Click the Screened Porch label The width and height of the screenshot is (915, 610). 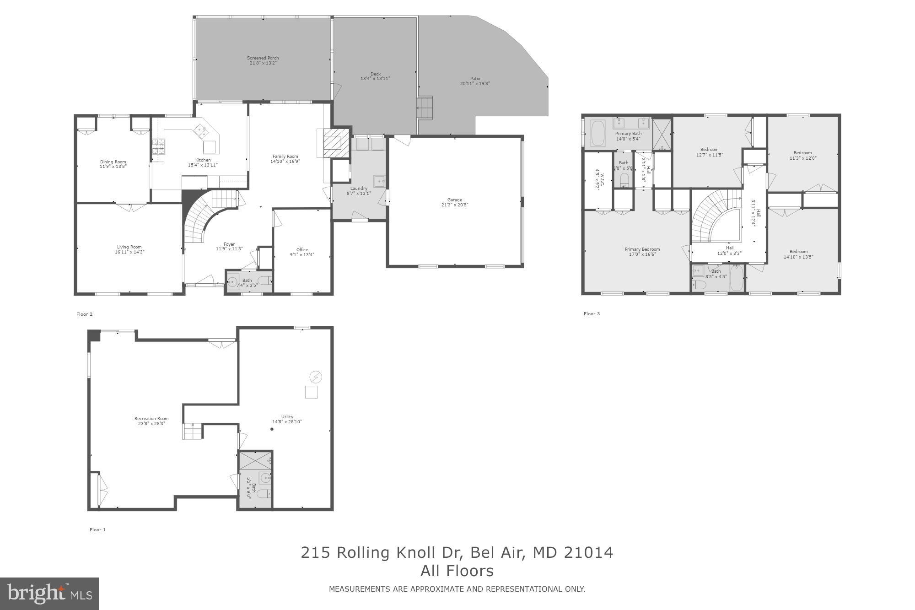[263, 58]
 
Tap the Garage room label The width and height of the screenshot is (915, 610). [454, 200]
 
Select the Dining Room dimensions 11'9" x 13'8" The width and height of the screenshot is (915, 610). [113, 167]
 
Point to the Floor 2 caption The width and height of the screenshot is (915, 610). [85, 314]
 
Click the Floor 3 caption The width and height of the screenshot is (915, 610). [592, 313]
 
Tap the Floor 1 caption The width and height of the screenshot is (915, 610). [97, 529]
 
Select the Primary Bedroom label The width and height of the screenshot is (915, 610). [642, 249]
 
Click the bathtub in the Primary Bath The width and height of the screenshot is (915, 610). [597, 133]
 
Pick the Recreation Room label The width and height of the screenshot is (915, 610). [151, 418]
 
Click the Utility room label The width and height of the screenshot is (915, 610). [287, 416]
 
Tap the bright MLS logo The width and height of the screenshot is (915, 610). [49, 594]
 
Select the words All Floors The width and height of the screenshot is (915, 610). [457, 571]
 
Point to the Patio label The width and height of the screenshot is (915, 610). [475, 79]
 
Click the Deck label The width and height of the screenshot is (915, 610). [375, 74]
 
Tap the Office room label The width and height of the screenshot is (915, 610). [302, 249]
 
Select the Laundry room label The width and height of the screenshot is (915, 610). [359, 188]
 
